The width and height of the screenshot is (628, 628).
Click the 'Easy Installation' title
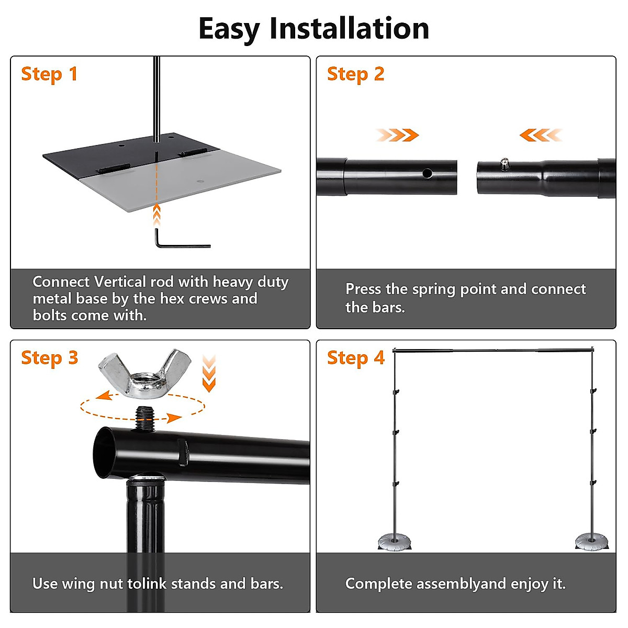pyautogui.click(x=313, y=29)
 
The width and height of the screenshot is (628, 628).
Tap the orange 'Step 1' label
pyautogui.click(x=49, y=74)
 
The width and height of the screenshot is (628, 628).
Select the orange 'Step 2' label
pyautogui.click(x=355, y=74)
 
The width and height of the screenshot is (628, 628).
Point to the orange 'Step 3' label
pyautogui.click(x=50, y=358)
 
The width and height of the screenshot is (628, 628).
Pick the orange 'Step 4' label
pyautogui.click(x=356, y=358)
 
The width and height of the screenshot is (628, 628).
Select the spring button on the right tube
pyautogui.click(x=504, y=164)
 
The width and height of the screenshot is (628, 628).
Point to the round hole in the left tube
pyautogui.click(x=427, y=173)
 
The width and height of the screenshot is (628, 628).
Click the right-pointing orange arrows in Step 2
pyautogui.click(x=397, y=135)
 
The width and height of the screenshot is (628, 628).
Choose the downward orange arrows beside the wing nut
pyautogui.click(x=209, y=374)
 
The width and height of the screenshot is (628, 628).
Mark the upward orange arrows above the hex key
pyautogui.click(x=157, y=215)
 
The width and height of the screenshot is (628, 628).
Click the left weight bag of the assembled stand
pyautogui.click(x=395, y=543)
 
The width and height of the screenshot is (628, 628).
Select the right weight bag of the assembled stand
pyautogui.click(x=591, y=542)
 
